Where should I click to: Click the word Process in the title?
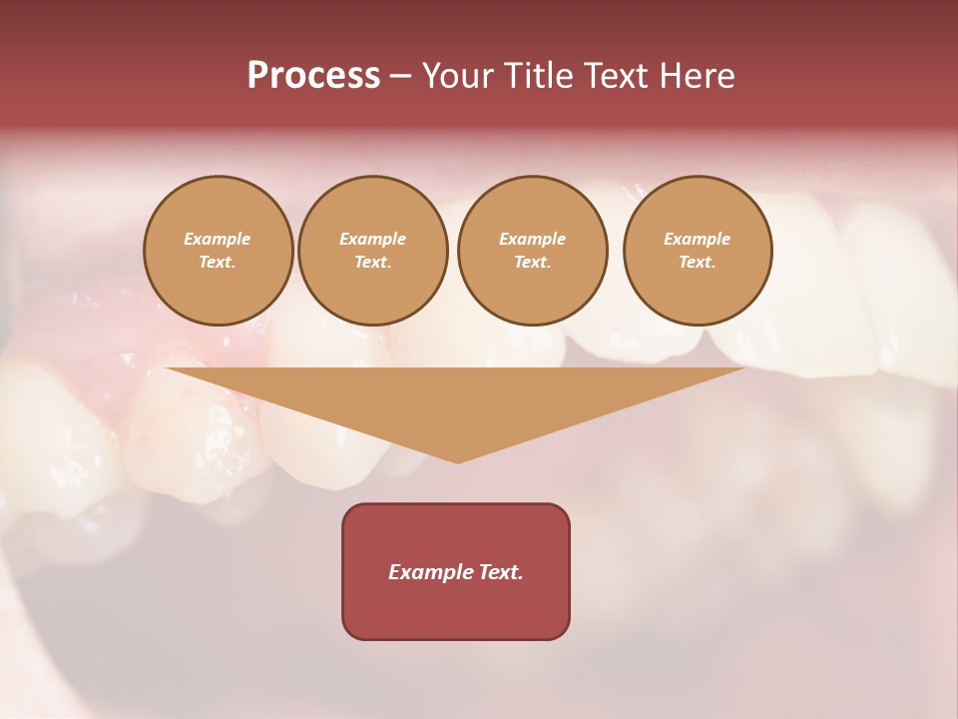click(313, 76)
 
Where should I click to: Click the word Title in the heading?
click(536, 76)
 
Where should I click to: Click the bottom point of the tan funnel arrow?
click(458, 461)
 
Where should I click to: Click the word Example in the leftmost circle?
click(218, 239)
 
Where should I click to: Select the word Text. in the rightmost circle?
click(698, 262)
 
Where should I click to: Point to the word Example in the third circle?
click(533, 239)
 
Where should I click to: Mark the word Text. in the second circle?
click(373, 262)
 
